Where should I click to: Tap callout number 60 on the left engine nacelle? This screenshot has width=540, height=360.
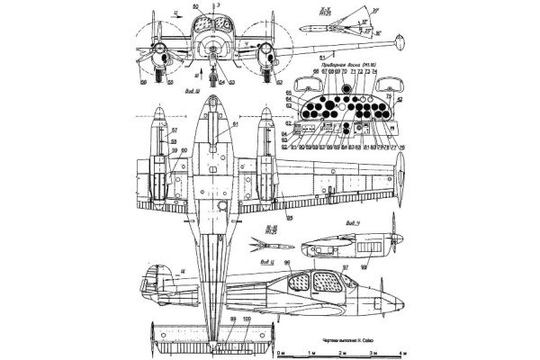tap(184, 150)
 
